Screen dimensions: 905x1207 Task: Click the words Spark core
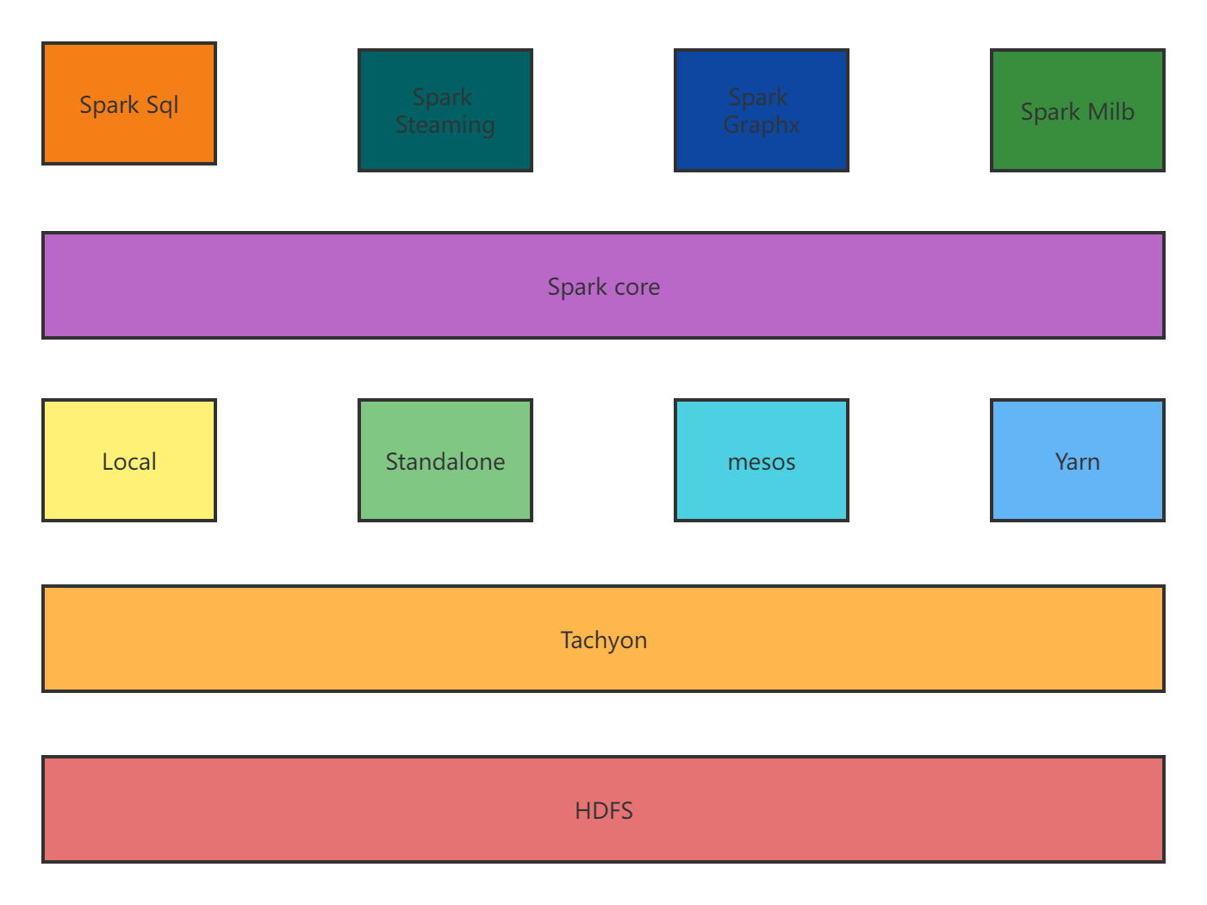click(603, 286)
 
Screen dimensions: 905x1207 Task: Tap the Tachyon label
click(603, 640)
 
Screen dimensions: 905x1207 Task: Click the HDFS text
click(603, 810)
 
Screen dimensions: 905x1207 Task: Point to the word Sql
click(162, 105)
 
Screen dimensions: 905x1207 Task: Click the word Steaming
click(445, 125)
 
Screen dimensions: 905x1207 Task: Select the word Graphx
click(762, 125)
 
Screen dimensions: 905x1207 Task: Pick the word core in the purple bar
click(638, 287)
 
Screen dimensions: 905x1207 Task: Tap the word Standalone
click(445, 462)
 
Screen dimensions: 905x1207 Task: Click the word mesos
click(762, 463)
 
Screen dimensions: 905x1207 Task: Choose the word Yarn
click(1078, 462)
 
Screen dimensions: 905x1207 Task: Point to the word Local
click(129, 462)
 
